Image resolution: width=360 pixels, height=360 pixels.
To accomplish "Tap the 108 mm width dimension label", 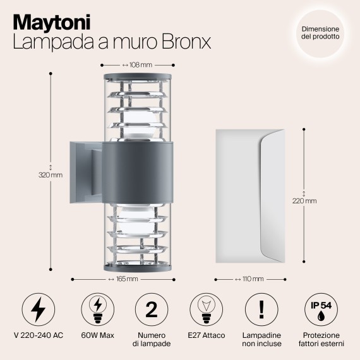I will [138, 64].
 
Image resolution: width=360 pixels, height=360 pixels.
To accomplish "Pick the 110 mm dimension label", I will [251, 278].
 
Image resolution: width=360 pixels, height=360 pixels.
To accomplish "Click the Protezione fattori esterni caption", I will [321, 339].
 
